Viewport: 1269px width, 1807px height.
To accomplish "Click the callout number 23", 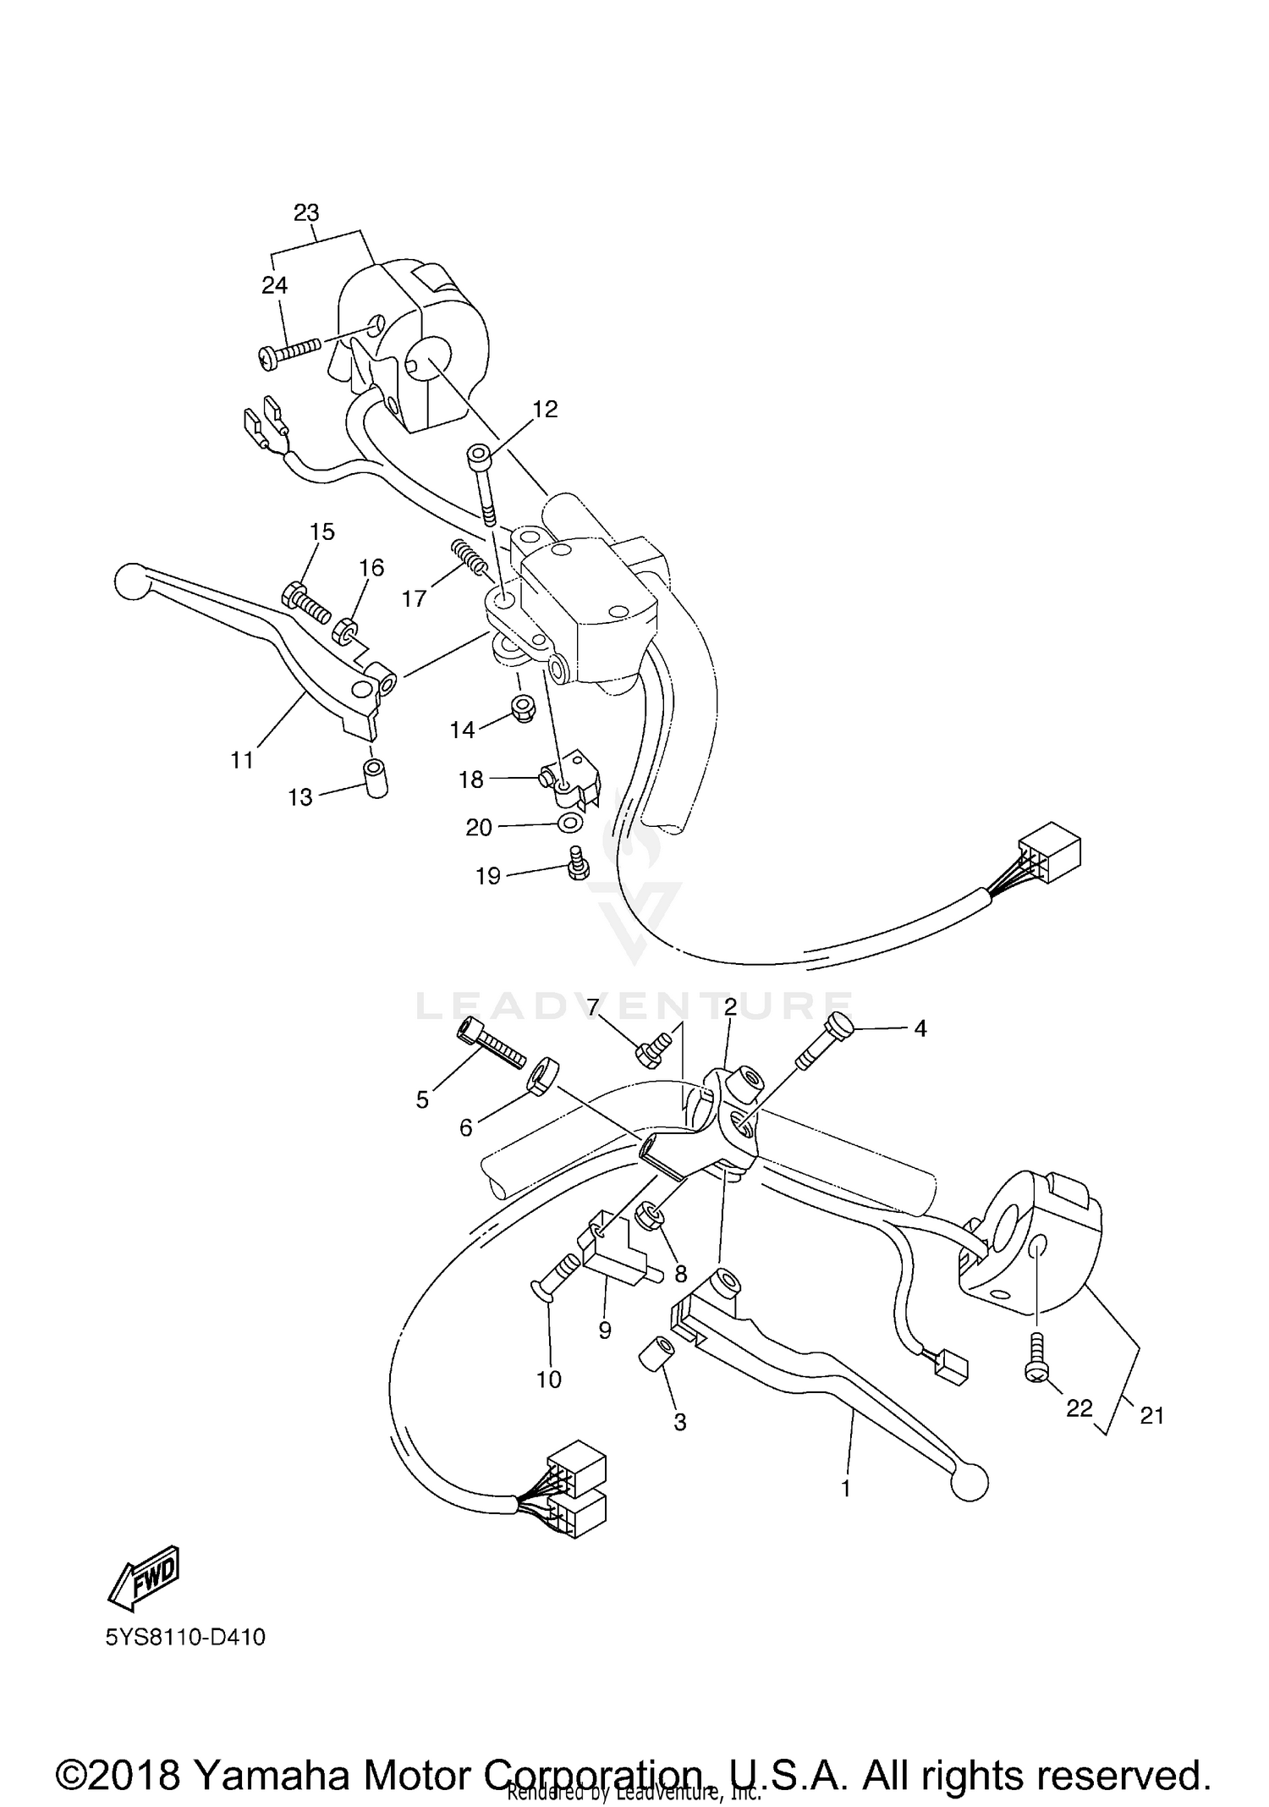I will point(306,212).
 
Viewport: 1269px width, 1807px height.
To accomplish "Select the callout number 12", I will point(545,410).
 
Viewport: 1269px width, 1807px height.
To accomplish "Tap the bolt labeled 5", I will point(489,1045).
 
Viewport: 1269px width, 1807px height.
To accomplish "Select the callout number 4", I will point(920,1028).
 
